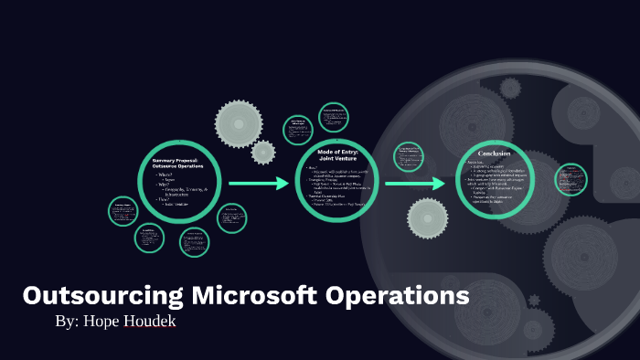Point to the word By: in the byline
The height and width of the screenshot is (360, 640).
point(69,323)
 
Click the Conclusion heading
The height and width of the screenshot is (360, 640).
point(493,152)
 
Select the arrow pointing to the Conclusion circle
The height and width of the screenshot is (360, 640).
point(417,184)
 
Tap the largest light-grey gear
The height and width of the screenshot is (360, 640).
point(240,119)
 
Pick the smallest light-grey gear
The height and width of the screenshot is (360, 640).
point(263,151)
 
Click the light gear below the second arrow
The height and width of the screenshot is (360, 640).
point(428,217)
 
